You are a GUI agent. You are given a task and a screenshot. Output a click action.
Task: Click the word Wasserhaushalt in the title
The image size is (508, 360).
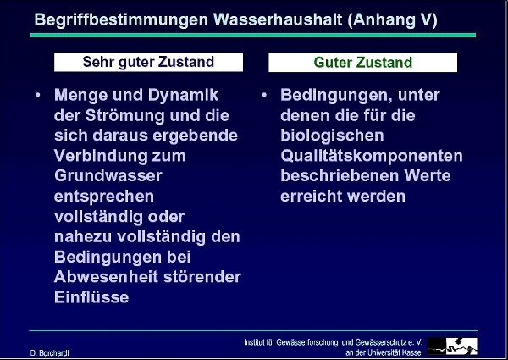278,19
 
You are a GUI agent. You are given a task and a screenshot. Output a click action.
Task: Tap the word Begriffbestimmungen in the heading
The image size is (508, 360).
121,20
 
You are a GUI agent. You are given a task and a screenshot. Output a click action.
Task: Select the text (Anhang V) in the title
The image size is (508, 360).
392,20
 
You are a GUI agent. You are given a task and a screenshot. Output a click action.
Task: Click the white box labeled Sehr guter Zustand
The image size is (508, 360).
148,62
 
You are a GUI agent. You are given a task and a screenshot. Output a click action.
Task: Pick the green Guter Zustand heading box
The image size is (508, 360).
363,63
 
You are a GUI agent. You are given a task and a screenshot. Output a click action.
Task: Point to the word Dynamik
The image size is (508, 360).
184,96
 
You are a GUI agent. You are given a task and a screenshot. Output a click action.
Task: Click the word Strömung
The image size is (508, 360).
125,116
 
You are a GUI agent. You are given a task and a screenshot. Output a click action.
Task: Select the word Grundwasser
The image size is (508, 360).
108,176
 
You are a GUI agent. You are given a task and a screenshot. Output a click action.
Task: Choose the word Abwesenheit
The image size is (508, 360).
107,277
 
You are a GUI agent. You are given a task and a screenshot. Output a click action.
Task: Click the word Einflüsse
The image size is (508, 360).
91,297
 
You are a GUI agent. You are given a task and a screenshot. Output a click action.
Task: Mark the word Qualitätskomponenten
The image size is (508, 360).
372,156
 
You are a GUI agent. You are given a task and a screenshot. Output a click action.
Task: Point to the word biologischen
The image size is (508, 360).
332,136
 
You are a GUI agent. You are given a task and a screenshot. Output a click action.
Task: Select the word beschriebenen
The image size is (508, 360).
340,176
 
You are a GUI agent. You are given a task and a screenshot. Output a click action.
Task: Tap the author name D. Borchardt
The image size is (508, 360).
50,353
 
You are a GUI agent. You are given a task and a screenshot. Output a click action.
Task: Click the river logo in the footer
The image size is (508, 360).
452,346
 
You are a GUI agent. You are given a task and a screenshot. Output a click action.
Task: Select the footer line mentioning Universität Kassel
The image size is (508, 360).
384,352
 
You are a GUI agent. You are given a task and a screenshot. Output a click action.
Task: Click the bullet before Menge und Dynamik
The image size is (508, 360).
38,95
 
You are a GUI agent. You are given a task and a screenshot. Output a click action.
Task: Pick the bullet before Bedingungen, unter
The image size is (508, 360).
264,95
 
